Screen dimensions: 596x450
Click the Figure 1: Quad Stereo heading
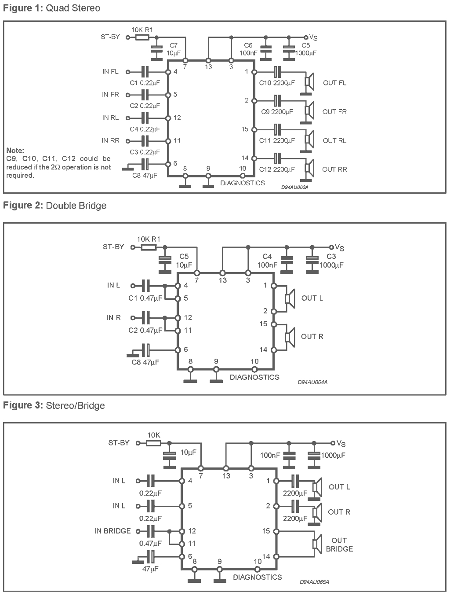[51, 8]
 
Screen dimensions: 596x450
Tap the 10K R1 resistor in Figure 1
[142, 37]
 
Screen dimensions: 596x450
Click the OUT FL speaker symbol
[310, 82]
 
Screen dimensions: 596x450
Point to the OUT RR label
[334, 169]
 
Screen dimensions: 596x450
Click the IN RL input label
[110, 118]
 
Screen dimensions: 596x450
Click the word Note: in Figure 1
[15, 151]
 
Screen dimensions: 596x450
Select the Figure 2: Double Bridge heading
[54, 206]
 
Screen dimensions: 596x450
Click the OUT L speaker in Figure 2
[290, 298]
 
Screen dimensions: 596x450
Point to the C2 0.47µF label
[145, 330]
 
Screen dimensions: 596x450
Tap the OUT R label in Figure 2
[312, 336]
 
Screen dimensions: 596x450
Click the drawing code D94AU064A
[312, 382]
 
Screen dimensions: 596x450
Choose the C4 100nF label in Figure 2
[267, 261]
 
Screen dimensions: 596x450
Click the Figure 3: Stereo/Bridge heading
[54, 405]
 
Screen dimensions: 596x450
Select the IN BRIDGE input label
[112, 531]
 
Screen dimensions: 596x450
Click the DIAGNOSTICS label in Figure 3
[257, 577]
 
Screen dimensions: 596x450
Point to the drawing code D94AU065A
[314, 582]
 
